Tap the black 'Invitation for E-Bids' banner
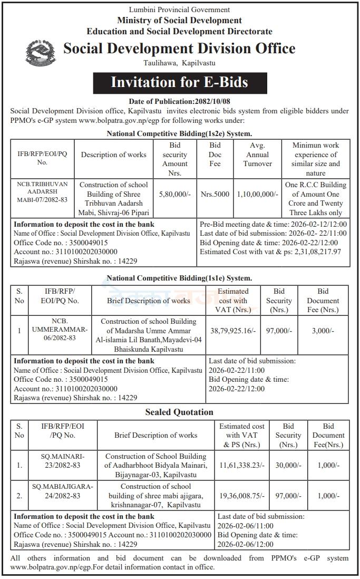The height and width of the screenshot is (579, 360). (179, 82)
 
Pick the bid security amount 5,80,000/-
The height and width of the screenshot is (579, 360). (174, 194)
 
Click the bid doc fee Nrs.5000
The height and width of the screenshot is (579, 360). (215, 194)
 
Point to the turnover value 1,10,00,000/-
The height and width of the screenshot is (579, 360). (258, 194)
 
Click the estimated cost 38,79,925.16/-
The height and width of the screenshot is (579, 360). (233, 331)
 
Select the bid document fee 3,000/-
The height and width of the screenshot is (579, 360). (323, 331)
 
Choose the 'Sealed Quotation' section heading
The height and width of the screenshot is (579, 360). (179, 412)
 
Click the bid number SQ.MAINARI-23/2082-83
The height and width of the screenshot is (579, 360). (62, 460)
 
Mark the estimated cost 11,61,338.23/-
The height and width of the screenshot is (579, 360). (242, 465)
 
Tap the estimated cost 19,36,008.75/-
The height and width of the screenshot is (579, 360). (242, 496)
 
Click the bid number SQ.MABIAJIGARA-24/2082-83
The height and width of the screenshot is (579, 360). (62, 491)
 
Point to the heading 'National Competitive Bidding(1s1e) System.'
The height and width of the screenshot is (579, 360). (179, 278)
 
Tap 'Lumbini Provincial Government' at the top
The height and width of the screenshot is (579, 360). (179, 9)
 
